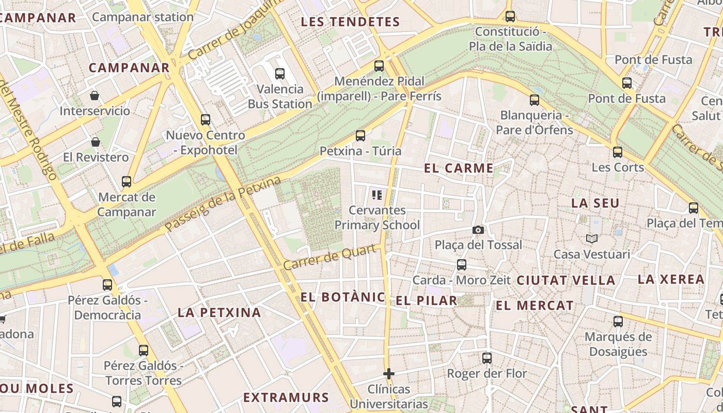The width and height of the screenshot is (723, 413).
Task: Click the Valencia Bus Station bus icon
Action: [280, 74]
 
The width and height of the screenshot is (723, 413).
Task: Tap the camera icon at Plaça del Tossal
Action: [478, 230]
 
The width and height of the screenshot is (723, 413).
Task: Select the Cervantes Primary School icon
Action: [377, 195]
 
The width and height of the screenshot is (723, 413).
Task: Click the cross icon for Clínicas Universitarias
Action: [389, 373]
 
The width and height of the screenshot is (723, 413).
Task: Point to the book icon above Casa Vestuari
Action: [591, 239]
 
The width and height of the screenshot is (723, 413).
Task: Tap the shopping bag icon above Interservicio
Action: [95, 96]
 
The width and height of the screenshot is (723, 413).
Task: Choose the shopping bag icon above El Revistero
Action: [96, 141]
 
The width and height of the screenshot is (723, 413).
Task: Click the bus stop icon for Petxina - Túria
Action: [360, 136]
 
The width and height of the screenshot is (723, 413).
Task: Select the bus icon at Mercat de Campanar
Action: [127, 182]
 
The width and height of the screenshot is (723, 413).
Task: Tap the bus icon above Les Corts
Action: [618, 152]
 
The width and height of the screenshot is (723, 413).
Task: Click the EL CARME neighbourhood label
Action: [459, 168]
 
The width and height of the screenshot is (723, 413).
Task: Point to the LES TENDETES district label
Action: [350, 22]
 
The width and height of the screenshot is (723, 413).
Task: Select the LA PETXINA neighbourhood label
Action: [219, 312]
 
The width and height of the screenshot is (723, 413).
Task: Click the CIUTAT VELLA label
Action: [566, 280]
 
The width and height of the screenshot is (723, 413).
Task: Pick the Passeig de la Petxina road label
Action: [223, 204]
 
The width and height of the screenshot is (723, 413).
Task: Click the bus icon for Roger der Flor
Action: [487, 358]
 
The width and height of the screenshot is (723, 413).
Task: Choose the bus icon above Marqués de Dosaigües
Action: [618, 322]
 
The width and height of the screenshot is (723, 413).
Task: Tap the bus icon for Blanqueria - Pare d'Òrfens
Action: [535, 100]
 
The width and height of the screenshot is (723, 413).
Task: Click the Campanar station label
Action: [143, 17]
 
